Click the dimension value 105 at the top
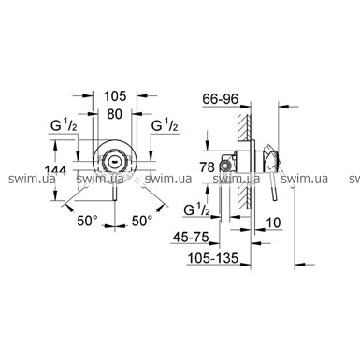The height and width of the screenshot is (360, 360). pos(115,96)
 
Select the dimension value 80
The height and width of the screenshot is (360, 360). pos(114,114)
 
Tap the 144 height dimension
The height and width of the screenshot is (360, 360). pos(55,170)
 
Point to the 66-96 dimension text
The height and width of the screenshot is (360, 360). pos(221,99)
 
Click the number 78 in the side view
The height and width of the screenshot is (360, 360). pos(208,167)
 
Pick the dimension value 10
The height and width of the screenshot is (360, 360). pos(273,223)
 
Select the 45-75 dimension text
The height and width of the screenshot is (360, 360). pos(191,238)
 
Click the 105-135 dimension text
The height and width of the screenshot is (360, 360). pos(213,258)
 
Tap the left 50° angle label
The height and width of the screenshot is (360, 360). pos(88,221)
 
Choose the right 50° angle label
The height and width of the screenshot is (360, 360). pos(142,221)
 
